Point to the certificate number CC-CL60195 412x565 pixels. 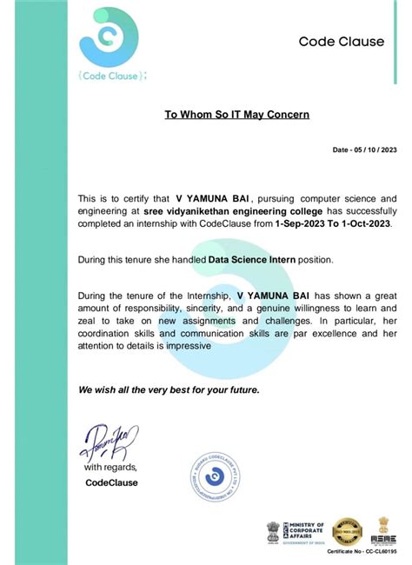point(363,551)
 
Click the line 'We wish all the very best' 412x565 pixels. point(169,389)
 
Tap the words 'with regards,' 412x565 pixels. point(110,468)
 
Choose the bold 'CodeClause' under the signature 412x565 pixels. point(111,482)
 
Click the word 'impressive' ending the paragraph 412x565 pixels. point(183,345)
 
